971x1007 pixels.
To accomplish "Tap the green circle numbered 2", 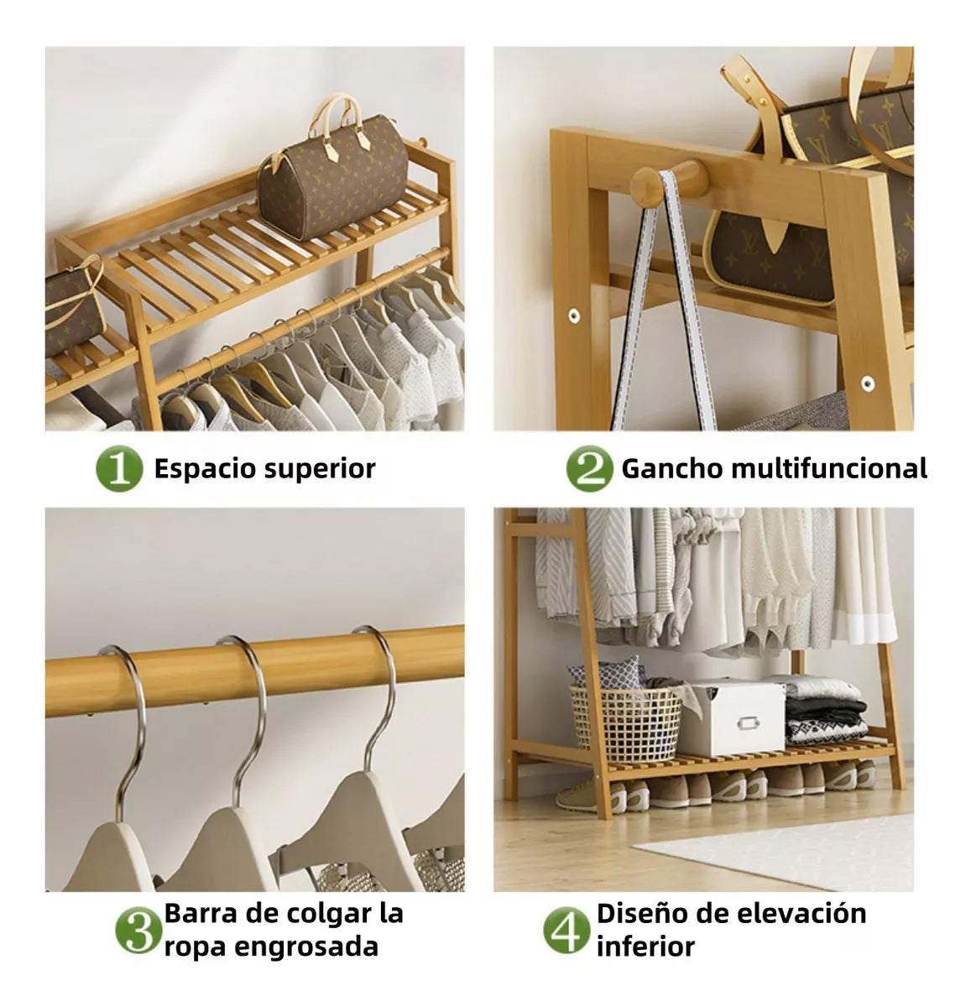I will (589, 469).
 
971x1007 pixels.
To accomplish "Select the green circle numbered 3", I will (138, 930).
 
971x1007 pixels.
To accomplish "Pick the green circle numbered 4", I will (567, 930).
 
